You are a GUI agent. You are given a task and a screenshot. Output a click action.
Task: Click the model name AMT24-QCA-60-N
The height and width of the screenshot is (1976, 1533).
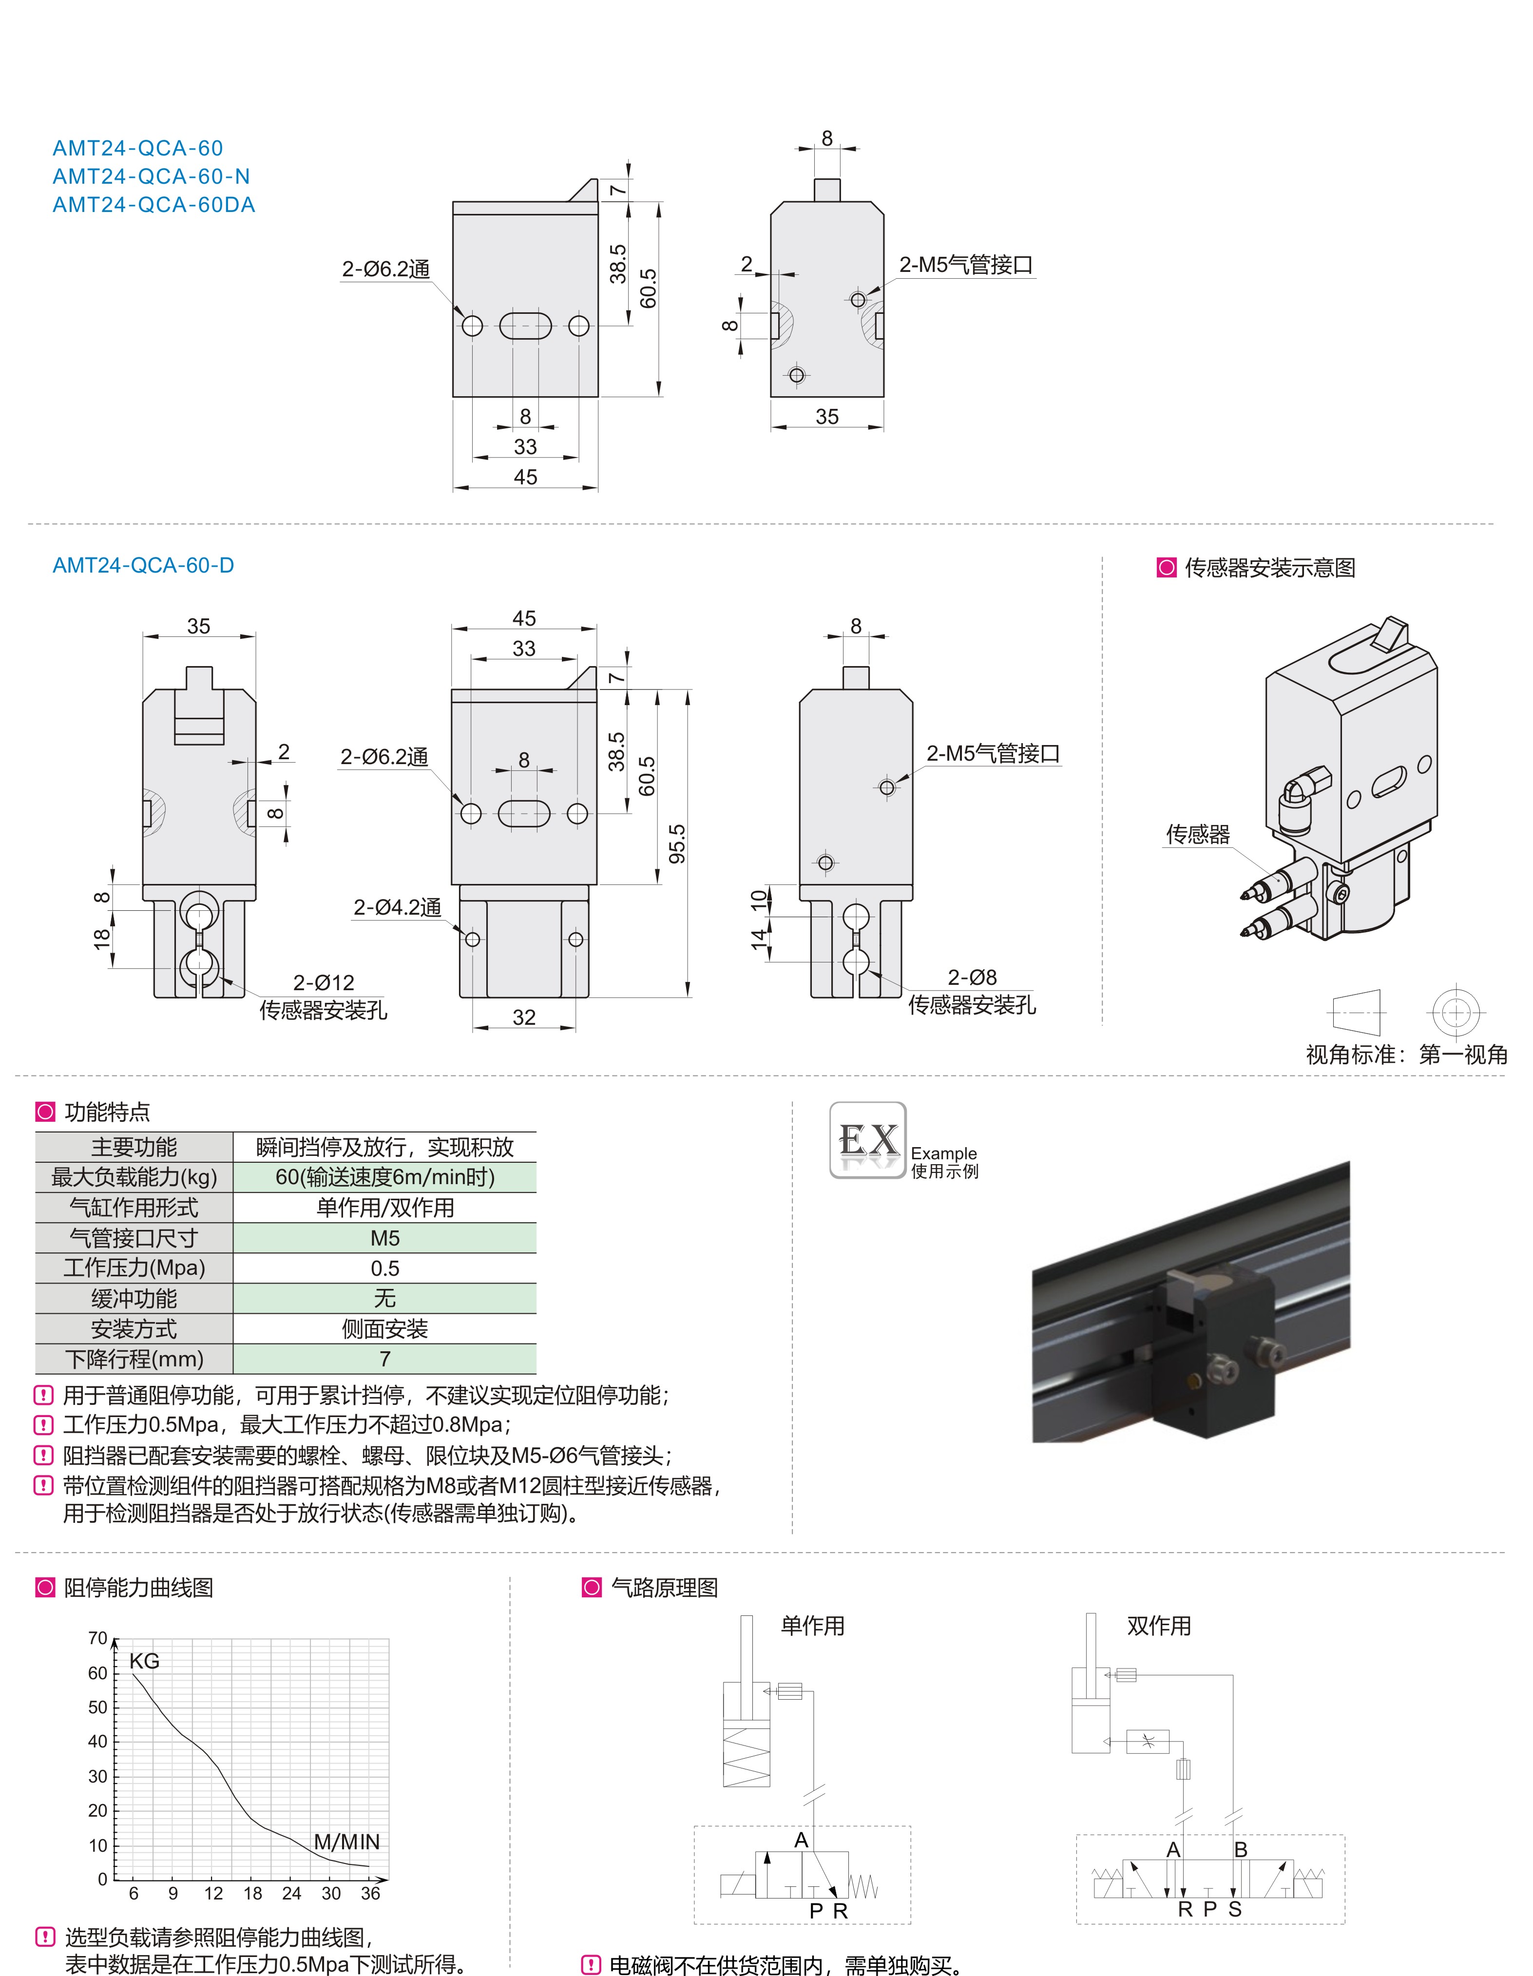coord(151,176)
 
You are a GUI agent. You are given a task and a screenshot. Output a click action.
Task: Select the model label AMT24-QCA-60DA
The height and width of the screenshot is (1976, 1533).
coord(154,205)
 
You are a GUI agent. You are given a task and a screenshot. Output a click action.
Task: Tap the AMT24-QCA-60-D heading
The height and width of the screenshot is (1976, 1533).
coord(143,565)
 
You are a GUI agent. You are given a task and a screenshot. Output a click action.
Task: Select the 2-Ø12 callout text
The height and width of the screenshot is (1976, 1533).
coord(323,982)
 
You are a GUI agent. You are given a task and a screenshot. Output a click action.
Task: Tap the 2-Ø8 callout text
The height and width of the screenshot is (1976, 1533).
coord(972,977)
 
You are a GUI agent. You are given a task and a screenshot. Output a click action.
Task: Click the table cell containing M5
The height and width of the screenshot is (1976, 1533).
coord(384,1238)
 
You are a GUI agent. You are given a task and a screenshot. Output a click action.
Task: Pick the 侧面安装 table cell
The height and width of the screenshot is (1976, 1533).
coord(384,1329)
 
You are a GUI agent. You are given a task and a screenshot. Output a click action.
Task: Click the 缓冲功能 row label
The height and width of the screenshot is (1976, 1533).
coord(134,1298)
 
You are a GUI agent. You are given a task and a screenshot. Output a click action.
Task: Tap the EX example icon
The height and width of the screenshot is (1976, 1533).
coord(868,1140)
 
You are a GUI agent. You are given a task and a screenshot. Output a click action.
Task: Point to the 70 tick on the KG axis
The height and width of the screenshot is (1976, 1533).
coord(98,1638)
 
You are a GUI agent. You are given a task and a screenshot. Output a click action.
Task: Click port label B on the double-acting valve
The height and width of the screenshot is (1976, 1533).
coord(1241,1849)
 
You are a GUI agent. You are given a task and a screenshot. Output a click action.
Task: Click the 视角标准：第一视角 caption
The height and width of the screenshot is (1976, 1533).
coord(1406,1054)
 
